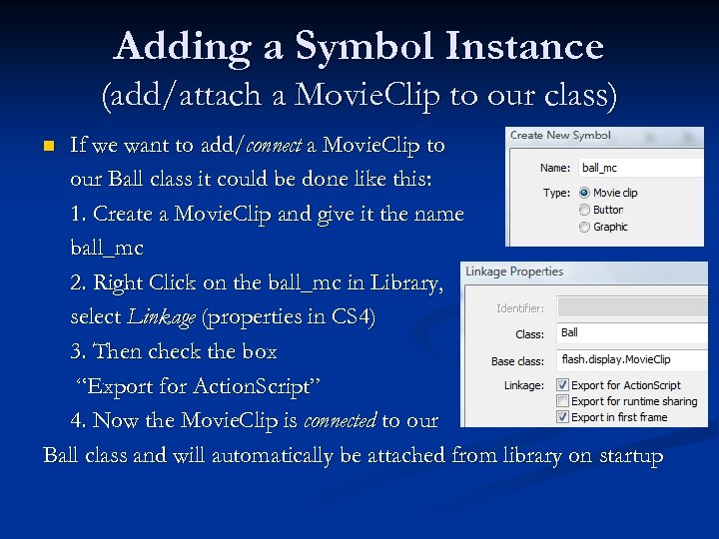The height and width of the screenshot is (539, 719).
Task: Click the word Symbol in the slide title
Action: coord(360,47)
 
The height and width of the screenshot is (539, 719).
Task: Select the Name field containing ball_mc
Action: coord(639,168)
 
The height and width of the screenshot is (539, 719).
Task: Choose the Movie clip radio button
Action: coord(584,193)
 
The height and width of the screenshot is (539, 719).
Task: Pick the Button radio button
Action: coord(584,210)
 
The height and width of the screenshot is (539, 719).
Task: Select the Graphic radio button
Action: coord(584,227)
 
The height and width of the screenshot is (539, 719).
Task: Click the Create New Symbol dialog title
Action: coord(560,136)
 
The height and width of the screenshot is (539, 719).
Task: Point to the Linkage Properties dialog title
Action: coord(515,271)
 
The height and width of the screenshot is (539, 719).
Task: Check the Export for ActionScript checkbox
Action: coord(563,385)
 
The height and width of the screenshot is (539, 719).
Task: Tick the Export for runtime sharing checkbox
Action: coord(563,401)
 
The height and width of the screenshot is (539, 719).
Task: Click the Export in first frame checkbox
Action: coord(563,417)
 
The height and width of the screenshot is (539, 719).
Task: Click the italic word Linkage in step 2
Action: coord(162,317)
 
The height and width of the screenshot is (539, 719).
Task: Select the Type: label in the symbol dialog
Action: coord(556,193)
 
